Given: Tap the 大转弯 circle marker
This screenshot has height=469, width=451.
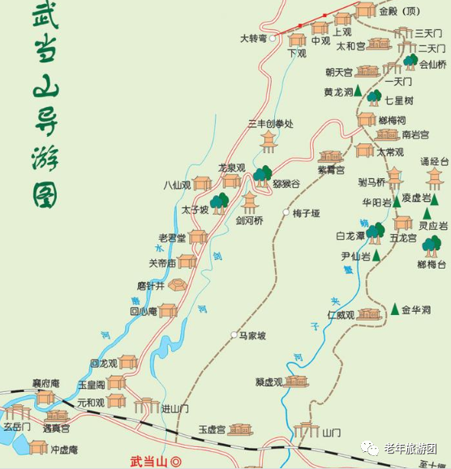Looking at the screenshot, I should coord(273,37).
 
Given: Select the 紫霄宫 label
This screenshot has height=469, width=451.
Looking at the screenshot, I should coord(330,170).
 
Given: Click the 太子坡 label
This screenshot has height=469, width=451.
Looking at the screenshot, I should coord(195,210).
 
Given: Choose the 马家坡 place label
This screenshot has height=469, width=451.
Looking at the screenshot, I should coord(253,335).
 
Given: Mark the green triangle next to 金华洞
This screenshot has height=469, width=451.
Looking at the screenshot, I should coord(395,309).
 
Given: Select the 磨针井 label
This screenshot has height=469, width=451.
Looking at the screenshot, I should coord(150,285).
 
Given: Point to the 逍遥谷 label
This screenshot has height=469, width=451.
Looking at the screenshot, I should coord(285,185).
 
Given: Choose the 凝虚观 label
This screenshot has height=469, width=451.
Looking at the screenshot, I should coord(268,382).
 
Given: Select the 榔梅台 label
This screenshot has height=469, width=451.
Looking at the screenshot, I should coord(433,264).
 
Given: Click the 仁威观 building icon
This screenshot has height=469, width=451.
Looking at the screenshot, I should coord(369,313).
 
